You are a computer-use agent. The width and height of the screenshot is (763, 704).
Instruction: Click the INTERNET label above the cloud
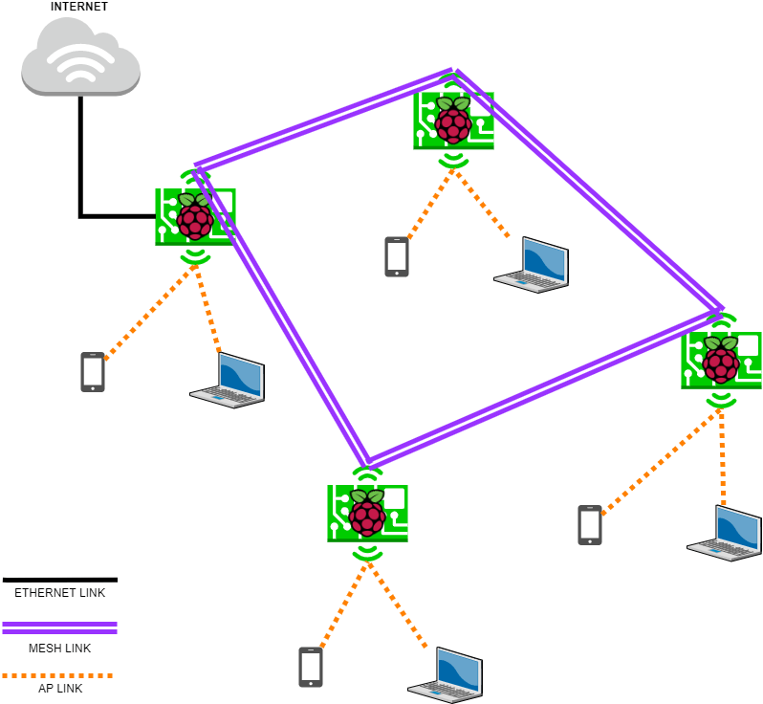tap(80, 7)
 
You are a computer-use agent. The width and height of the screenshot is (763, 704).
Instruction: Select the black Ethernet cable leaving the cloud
tap(81, 153)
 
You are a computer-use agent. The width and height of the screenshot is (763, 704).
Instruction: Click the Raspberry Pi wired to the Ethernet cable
tap(195, 217)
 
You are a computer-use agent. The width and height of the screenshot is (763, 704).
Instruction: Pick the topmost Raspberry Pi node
tap(453, 121)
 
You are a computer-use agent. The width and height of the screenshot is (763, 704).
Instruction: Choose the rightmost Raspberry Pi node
tap(721, 360)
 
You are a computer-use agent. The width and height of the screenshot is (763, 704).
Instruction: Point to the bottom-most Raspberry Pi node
tap(367, 513)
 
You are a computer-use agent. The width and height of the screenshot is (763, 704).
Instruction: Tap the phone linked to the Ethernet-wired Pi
tap(93, 372)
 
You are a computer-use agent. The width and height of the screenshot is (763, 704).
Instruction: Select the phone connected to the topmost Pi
tap(397, 256)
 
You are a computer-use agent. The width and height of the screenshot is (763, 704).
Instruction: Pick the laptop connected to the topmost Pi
tap(533, 265)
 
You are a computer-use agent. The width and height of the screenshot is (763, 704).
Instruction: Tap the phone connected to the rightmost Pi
tap(590, 525)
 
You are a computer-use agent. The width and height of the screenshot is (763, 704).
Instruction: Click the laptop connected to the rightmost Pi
tap(726, 533)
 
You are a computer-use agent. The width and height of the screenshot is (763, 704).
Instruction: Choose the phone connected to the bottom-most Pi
tap(311, 667)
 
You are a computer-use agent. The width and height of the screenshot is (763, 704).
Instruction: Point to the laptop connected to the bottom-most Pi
tap(447, 675)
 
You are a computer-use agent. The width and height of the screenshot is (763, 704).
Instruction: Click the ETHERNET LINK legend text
tap(59, 593)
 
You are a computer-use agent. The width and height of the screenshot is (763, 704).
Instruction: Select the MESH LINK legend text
tap(59, 648)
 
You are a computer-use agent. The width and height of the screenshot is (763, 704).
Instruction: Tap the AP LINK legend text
tap(59, 689)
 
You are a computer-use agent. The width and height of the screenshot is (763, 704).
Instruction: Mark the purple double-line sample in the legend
tap(59, 627)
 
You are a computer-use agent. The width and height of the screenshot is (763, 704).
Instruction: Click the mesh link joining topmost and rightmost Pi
tap(590, 190)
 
